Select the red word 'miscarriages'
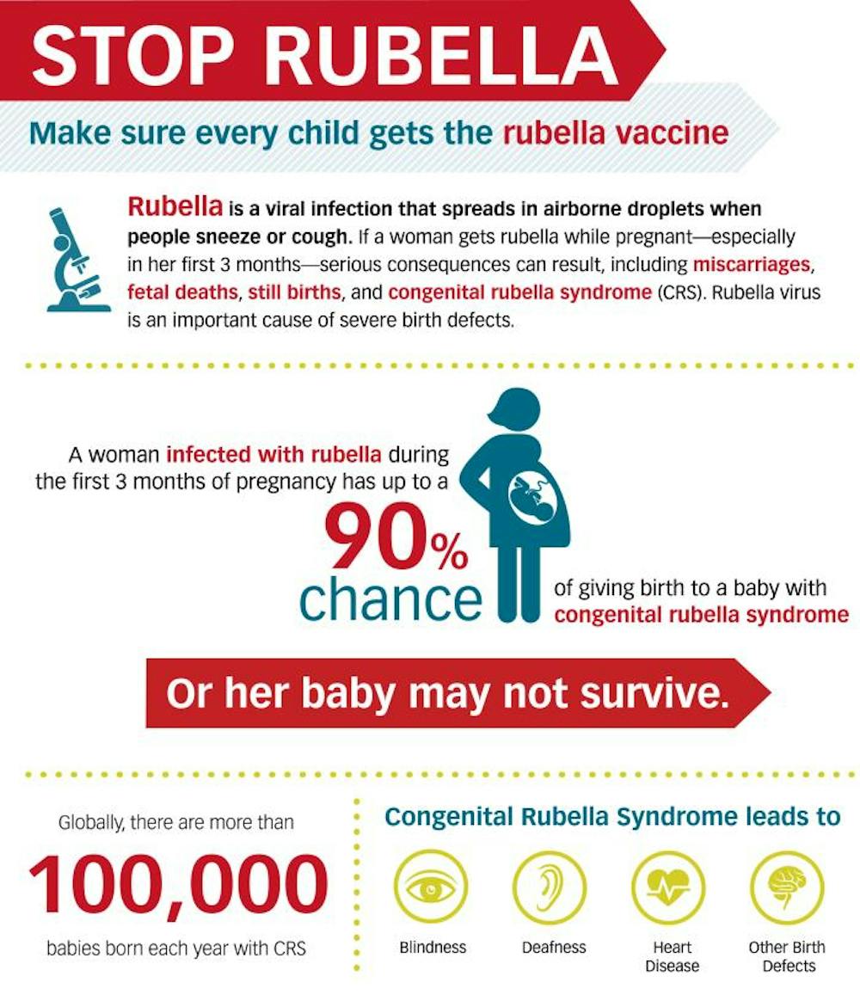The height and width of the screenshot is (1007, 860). point(751,265)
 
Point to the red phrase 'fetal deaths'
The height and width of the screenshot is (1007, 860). point(182,292)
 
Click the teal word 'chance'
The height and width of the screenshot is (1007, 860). point(390,598)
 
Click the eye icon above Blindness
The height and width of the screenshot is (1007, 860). point(431,888)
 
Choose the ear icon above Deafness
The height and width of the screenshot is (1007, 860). point(550,888)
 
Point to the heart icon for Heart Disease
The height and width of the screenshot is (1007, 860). point(668,888)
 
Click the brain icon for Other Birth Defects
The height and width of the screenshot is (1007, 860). point(787,888)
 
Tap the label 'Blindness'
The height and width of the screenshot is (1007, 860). point(433,948)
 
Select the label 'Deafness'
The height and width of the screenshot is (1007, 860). point(555,948)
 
